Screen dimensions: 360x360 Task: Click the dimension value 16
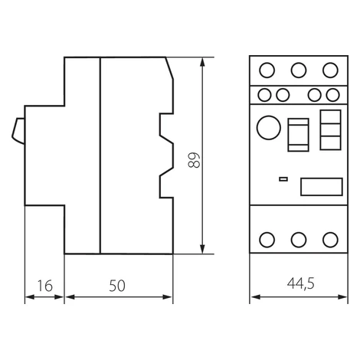click(45, 286)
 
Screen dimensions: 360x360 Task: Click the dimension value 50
click(117, 286)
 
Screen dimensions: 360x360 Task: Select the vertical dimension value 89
click(194, 160)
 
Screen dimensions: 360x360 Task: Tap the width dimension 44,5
click(301, 283)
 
